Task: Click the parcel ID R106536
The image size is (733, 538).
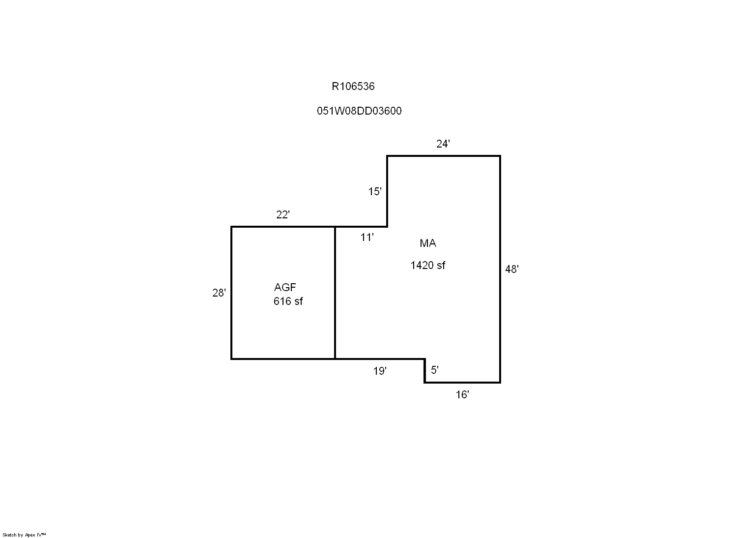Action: pos(353,86)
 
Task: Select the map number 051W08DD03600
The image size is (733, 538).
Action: pos(359,111)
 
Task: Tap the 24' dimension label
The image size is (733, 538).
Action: pos(443,144)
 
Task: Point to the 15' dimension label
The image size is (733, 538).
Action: pos(375,191)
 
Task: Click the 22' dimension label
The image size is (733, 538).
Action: pos(282,214)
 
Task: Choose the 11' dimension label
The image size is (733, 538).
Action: pos(367,237)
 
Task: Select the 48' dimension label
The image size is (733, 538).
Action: pos(512,269)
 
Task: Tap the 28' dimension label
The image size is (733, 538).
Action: pos(219,293)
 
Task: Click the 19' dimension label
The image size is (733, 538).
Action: pos(380,371)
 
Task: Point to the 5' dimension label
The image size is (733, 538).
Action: pos(435,370)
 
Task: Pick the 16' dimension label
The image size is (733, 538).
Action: pos(462,394)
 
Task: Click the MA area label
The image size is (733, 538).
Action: pos(428,243)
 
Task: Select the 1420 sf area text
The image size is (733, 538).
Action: pos(428,265)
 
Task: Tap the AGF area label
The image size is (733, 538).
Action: pos(285,287)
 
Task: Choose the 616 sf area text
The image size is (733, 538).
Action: pos(288,301)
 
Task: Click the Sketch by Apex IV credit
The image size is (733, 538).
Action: pos(24,535)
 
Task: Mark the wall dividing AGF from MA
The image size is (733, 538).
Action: pos(335,293)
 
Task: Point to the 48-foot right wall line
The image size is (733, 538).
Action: pos(500,269)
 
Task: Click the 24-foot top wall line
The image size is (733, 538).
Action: pos(444,156)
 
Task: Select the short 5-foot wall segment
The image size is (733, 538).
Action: pos(425,371)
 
